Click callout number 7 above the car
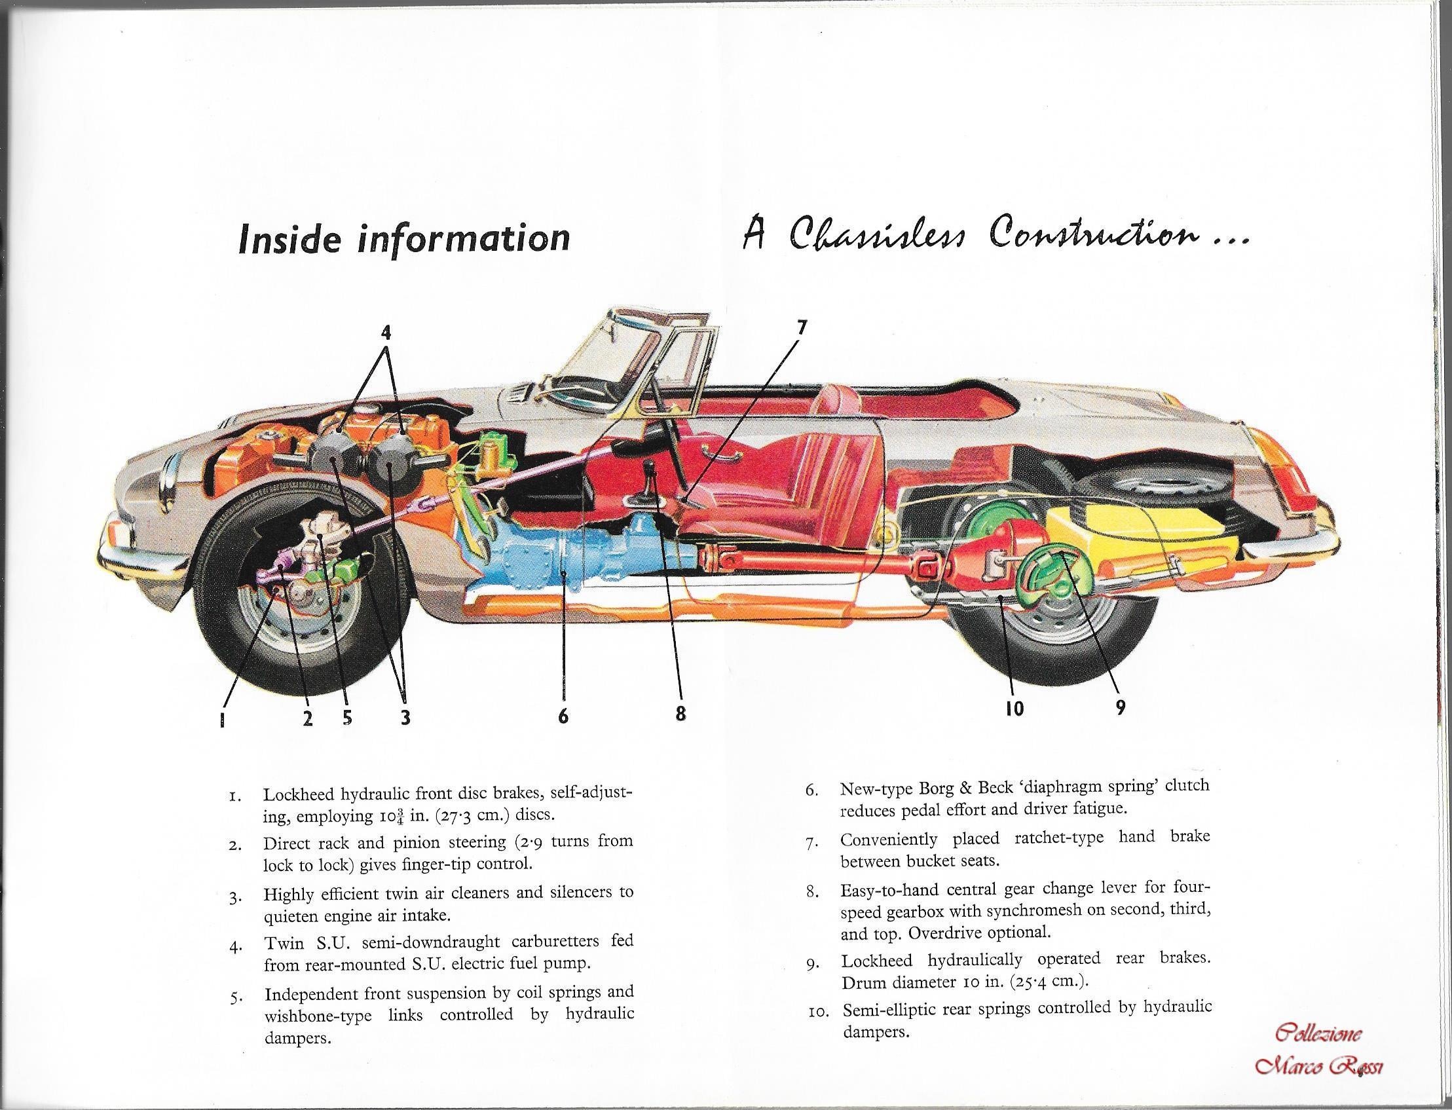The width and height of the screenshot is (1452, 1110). (802, 327)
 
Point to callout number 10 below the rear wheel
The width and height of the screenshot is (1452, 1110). (1014, 709)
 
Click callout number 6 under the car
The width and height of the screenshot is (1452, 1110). (563, 716)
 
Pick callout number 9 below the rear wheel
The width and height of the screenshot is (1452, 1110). (1120, 708)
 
